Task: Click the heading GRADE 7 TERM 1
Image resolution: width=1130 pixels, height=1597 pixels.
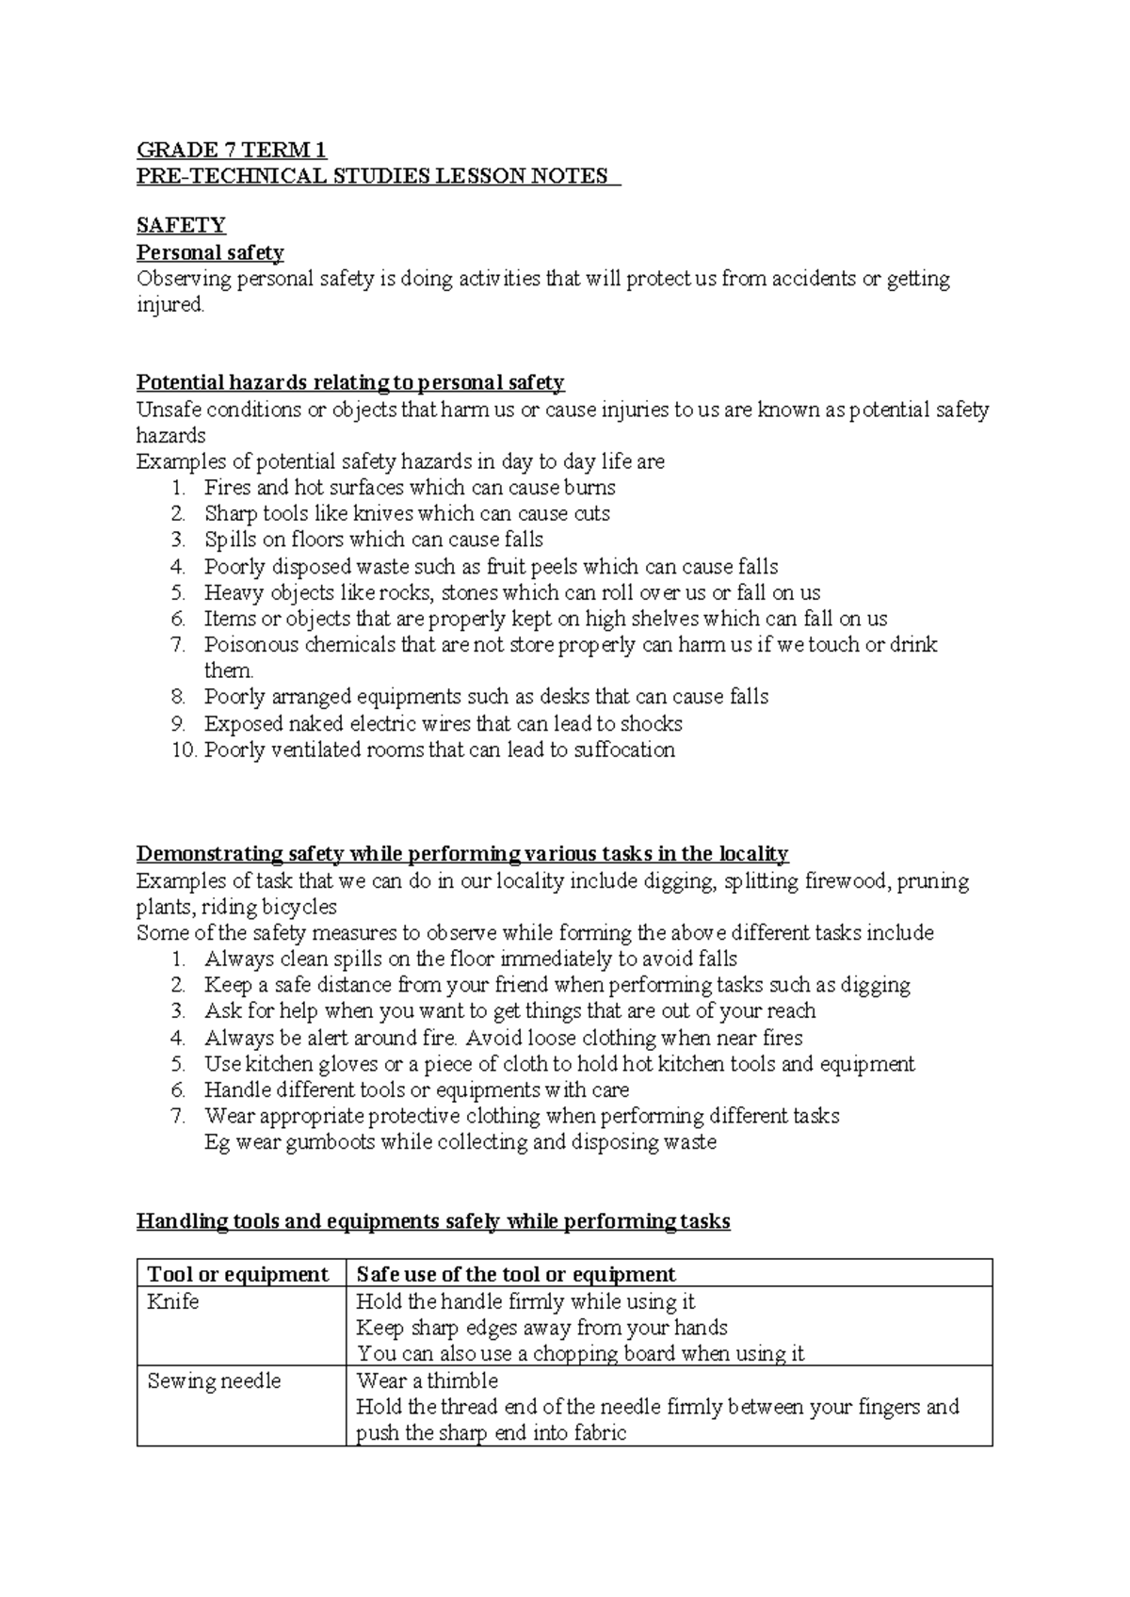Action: (x=232, y=151)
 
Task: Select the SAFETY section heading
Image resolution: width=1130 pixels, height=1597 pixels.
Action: (x=181, y=225)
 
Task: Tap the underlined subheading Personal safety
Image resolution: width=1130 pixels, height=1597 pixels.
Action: (x=210, y=252)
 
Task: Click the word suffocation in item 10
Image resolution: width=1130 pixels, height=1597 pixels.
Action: (x=624, y=750)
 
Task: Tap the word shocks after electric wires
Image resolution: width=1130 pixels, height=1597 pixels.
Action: (x=652, y=724)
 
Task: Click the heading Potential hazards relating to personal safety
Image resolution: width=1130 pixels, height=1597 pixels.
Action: (x=350, y=382)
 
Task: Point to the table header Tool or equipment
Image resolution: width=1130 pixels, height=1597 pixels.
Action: (x=237, y=1275)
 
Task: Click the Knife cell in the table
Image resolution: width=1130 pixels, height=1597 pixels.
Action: (x=173, y=1302)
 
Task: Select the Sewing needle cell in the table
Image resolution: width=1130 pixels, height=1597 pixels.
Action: (x=214, y=1381)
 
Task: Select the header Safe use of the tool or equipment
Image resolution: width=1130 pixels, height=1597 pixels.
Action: (x=515, y=1275)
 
